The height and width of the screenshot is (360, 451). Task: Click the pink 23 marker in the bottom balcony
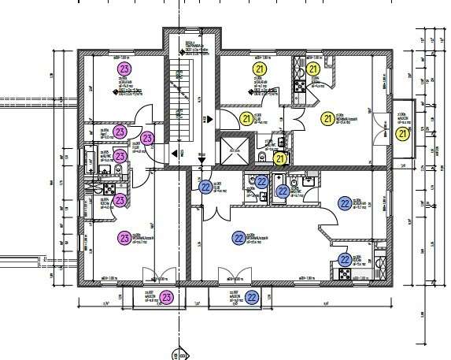click(x=166, y=297)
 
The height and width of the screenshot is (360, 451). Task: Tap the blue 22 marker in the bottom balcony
click(x=252, y=297)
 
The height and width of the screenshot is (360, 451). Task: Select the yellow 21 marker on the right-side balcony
click(x=403, y=135)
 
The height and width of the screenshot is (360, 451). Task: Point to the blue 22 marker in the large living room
click(x=238, y=237)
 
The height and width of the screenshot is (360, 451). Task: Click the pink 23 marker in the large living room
click(x=124, y=237)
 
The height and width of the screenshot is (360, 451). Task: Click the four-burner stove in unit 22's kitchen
click(x=345, y=273)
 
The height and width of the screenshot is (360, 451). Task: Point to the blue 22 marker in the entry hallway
click(x=205, y=187)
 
